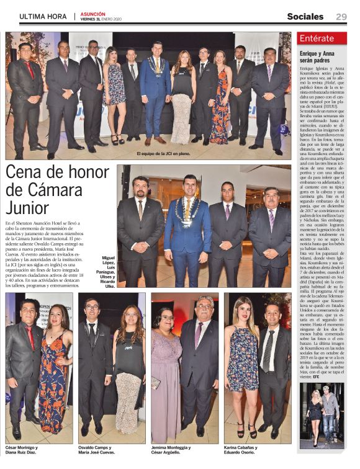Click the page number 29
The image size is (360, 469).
click(x=341, y=17)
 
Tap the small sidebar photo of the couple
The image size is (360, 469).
click(x=321, y=415)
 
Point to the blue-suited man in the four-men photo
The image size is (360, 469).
click(x=187, y=230)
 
